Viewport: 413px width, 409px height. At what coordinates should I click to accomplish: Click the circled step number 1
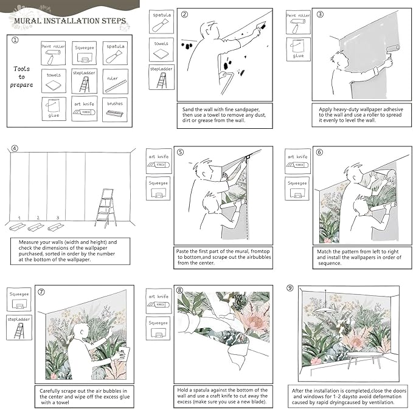pyautogui.click(x=15, y=40)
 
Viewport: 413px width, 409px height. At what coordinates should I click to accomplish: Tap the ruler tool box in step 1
pyautogui.click(x=116, y=81)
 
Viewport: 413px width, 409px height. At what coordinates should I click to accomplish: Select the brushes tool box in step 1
pyautogui.click(x=115, y=109)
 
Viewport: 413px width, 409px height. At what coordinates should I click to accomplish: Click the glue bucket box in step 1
pyautogui.click(x=54, y=109)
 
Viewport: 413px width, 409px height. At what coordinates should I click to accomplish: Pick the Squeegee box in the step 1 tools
pyautogui.click(x=85, y=53)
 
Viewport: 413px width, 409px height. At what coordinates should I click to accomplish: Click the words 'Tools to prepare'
pyautogui.click(x=22, y=77)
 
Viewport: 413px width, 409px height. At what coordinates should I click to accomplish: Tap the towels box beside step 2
pyautogui.click(x=161, y=50)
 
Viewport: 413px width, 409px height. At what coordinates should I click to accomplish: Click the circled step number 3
pyautogui.click(x=320, y=14)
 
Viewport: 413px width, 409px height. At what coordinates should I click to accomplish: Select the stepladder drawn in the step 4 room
pyautogui.click(x=105, y=208)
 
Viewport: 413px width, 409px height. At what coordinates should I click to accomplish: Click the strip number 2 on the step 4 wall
pyautogui.click(x=38, y=218)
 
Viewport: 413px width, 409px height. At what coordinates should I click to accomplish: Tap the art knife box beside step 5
pyautogui.click(x=159, y=161)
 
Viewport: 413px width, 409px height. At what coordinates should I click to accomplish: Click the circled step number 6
pyautogui.click(x=319, y=152)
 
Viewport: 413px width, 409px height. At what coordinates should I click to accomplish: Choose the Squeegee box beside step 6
pyautogui.click(x=297, y=189)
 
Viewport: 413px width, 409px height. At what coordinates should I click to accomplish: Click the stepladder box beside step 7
pyautogui.click(x=19, y=328)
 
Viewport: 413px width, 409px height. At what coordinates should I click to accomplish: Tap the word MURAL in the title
pyautogui.click(x=27, y=21)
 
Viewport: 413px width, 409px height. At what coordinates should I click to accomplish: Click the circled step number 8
pyautogui.click(x=179, y=290)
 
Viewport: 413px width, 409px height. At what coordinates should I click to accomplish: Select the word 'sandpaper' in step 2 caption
pyautogui.click(x=246, y=109)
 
